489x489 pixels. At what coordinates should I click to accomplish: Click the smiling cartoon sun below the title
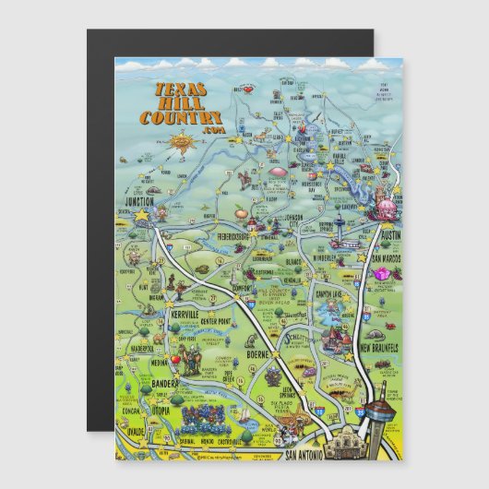(184, 142)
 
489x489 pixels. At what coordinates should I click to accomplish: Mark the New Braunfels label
(377, 348)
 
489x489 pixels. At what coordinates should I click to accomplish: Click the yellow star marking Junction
(141, 214)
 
